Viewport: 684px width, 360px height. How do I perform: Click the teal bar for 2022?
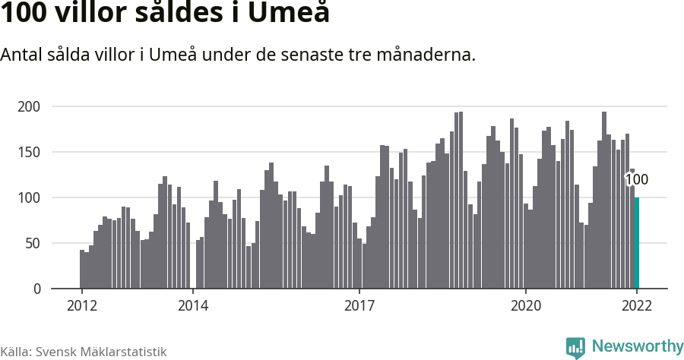(637, 243)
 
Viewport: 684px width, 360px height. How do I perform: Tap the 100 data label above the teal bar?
(636, 180)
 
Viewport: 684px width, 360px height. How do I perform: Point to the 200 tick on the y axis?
(29, 106)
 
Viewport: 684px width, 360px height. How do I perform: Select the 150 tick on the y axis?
(29, 152)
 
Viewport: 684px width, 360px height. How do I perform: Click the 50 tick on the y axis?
(32, 243)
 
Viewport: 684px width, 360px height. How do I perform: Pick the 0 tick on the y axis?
(36, 289)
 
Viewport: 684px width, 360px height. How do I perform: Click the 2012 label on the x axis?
(81, 306)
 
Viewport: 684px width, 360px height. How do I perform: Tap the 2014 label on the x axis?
(192, 306)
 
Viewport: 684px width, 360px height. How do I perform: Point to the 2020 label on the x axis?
(525, 306)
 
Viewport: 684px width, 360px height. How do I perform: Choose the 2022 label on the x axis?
(637, 306)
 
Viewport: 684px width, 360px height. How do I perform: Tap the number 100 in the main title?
(24, 14)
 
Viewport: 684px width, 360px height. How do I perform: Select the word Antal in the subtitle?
(24, 55)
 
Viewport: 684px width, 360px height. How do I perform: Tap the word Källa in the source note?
(15, 352)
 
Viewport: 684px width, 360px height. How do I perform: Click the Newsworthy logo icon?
(575, 347)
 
